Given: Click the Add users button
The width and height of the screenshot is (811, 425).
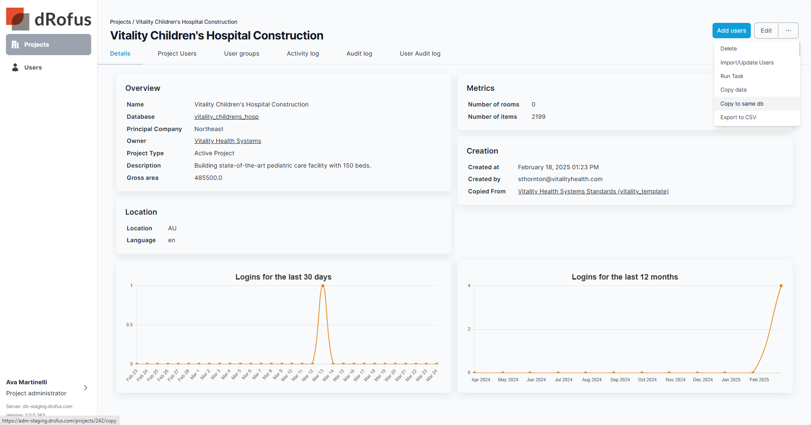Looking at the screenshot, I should point(731,31).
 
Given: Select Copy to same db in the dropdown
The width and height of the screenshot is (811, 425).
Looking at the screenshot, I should point(741,104).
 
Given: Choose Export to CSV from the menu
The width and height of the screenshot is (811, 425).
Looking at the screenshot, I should point(738,117).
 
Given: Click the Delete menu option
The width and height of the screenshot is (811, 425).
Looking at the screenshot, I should point(728,49).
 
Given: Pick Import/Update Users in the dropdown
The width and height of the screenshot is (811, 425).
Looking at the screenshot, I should point(747,63).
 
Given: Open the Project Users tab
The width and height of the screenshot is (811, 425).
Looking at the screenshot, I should point(177,53).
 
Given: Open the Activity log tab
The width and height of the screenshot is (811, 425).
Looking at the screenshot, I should point(302,53).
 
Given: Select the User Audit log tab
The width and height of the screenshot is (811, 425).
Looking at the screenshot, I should point(419,53).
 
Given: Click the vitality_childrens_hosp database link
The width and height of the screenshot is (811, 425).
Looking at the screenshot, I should point(226,117).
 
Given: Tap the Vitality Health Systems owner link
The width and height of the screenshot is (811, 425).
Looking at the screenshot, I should point(227,141).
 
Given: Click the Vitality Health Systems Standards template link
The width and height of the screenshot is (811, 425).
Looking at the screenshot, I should point(593,191).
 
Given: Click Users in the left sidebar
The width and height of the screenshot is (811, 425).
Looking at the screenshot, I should point(33,67).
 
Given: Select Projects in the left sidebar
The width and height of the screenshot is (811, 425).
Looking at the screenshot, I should point(48,45).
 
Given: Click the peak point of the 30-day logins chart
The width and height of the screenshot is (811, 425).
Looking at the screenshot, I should point(323,286).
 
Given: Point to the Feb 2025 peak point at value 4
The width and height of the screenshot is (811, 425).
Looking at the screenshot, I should point(781,286).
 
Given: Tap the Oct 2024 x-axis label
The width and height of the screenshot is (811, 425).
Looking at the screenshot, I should point(647,380).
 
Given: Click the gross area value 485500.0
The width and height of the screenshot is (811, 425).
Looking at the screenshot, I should point(208,178).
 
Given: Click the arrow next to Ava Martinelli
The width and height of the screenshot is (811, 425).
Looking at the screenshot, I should point(86,388).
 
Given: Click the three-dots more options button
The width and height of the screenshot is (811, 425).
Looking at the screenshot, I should point(788,31).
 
